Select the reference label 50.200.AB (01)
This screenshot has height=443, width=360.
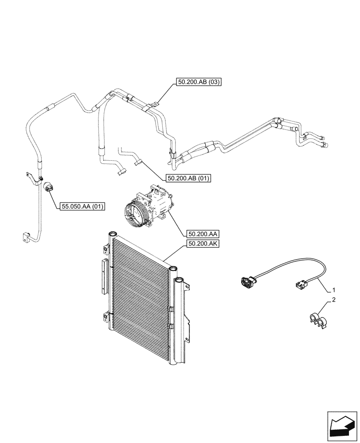[189, 178]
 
